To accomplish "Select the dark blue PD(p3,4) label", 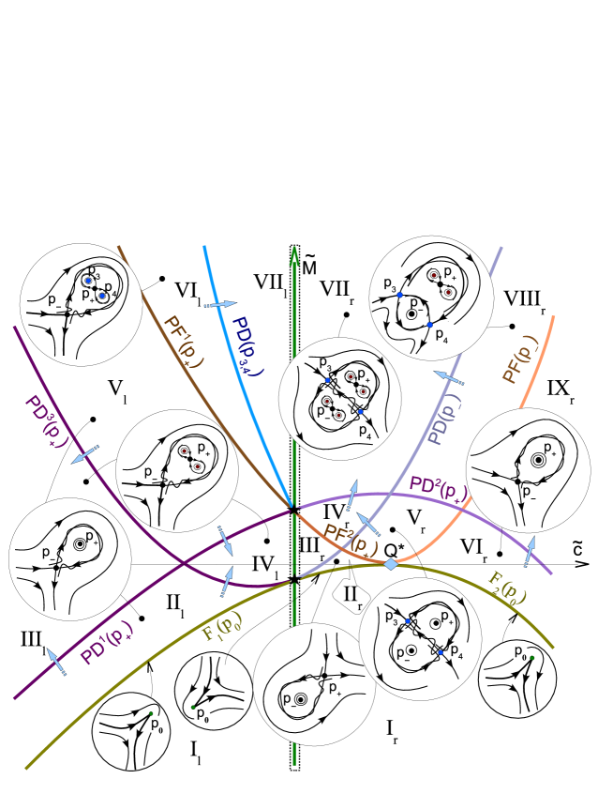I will coord(248,344).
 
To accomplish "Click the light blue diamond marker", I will coord(391,564).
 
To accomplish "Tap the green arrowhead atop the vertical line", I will coord(294,254).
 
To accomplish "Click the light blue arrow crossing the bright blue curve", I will coord(221,304).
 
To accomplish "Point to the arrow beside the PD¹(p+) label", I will coord(57,663).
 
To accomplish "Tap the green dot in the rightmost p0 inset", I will coord(531,658).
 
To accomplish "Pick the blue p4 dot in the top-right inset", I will coord(429,325).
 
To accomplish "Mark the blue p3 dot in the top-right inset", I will coord(400,295).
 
